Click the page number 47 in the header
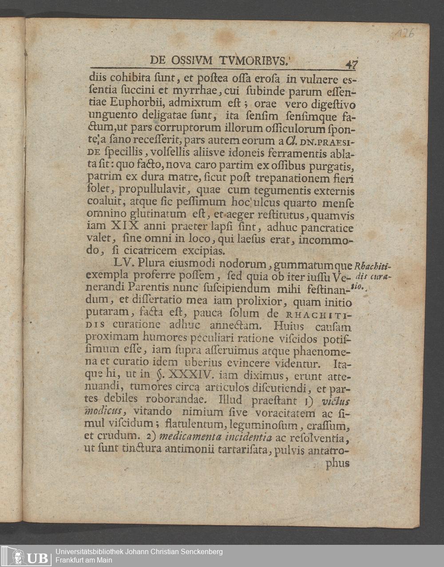pyautogui.click(x=352, y=65)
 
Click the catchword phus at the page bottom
pyautogui.click(x=338, y=463)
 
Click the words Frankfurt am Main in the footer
pyautogui.click(x=83, y=560)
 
